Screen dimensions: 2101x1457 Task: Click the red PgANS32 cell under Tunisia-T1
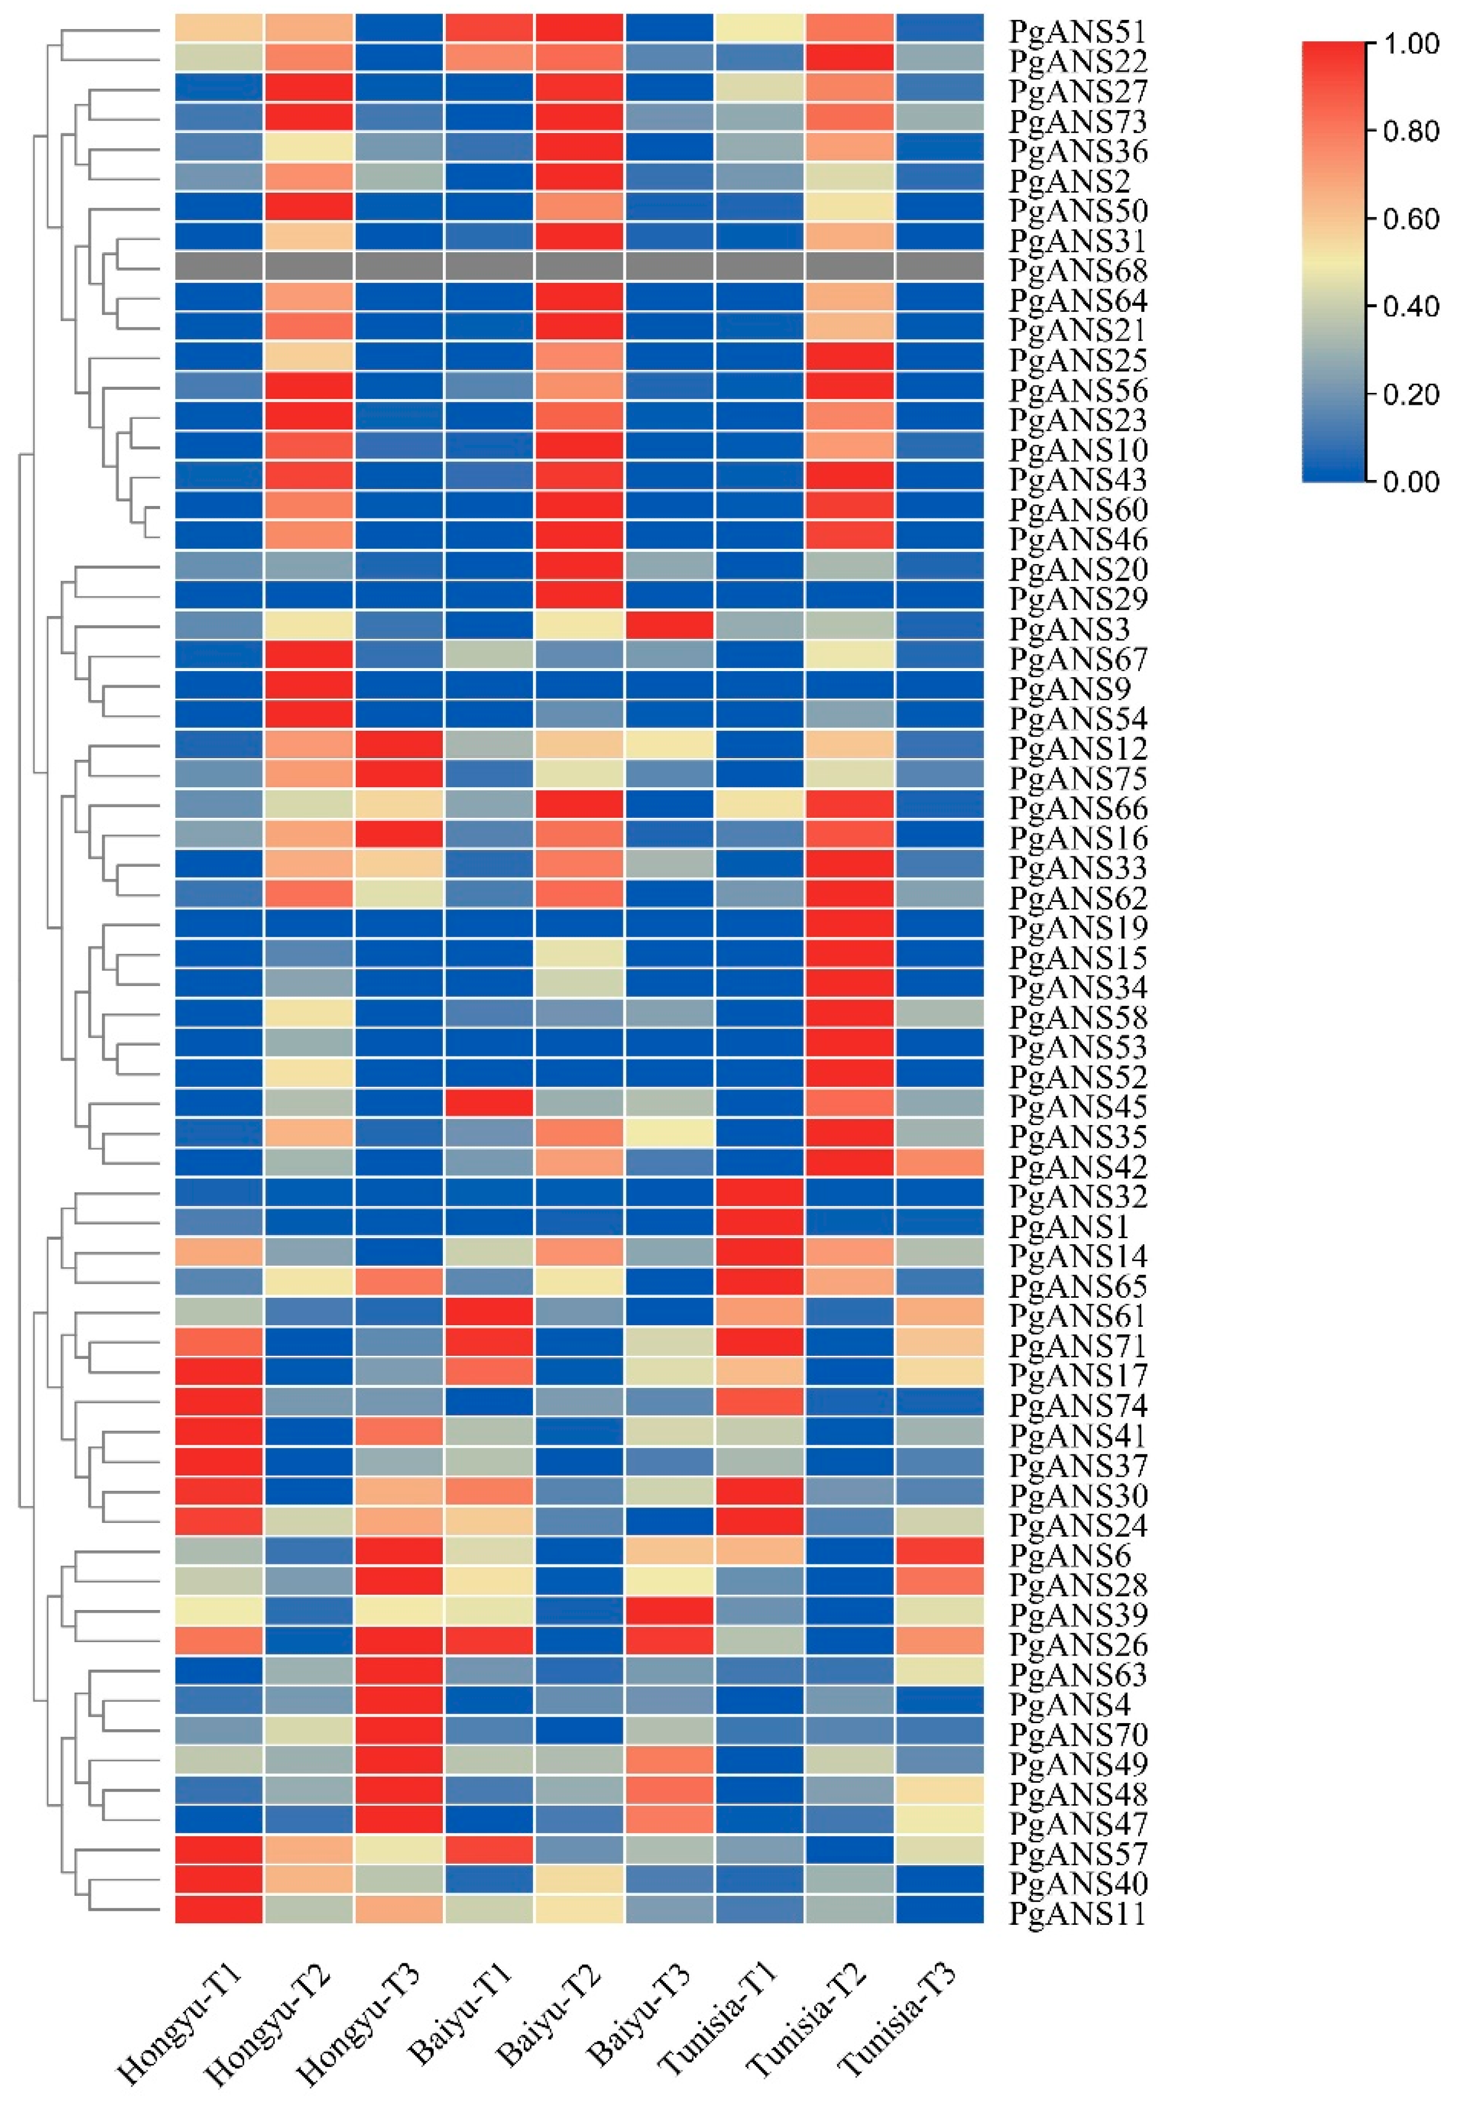pyautogui.click(x=760, y=1194)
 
